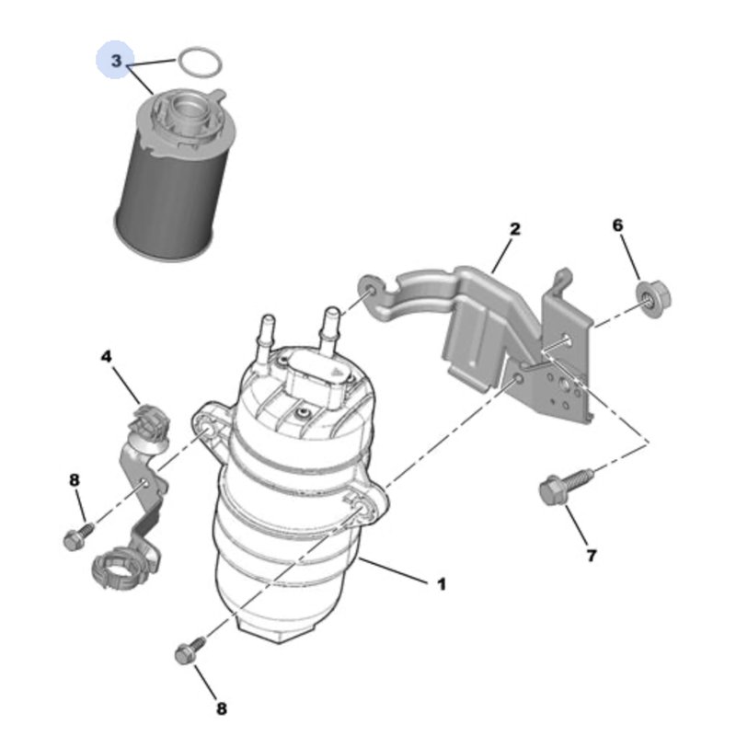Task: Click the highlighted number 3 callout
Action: point(116,62)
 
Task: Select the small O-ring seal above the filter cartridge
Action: point(200,63)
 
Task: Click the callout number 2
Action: point(515,229)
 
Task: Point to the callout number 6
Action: point(617,225)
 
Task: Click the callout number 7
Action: point(591,555)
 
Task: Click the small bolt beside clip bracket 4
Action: point(76,536)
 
